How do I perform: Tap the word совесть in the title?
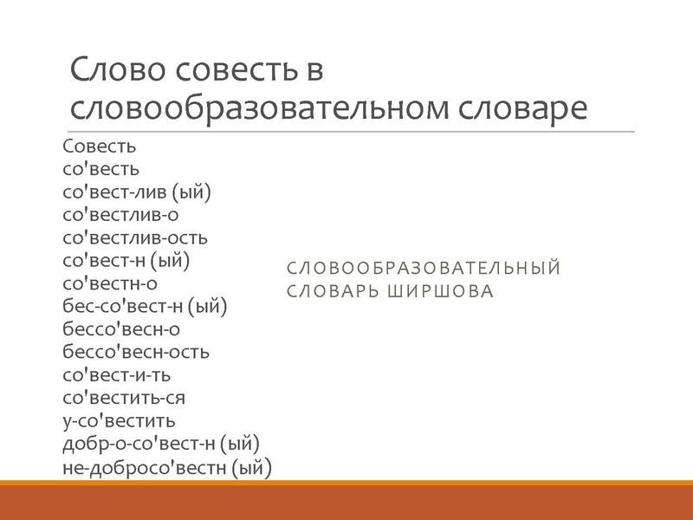click(x=238, y=70)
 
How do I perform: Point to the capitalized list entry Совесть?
click(x=100, y=146)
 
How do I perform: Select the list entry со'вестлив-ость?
click(x=135, y=237)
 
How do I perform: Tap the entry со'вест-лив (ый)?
click(x=137, y=192)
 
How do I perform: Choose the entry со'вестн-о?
click(x=110, y=283)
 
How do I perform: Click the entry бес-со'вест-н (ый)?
click(x=145, y=305)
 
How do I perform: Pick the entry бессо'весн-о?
click(x=121, y=328)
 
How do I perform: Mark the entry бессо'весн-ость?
click(x=136, y=352)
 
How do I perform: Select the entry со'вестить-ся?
click(x=124, y=398)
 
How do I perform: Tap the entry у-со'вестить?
click(x=120, y=421)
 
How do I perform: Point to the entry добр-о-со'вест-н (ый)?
click(x=161, y=444)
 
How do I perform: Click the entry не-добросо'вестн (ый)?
click(x=167, y=468)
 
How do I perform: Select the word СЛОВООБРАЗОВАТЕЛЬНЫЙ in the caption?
click(x=424, y=268)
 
